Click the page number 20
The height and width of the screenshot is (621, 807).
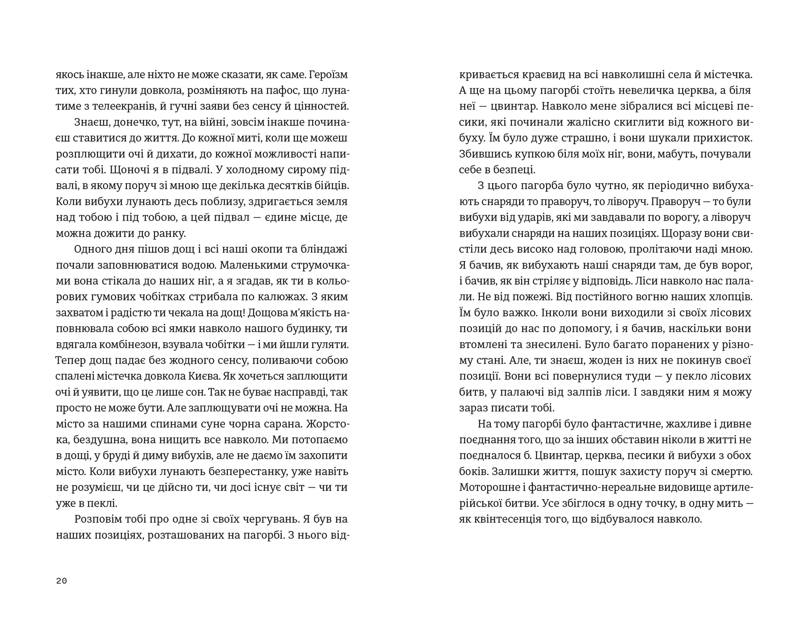click(61, 581)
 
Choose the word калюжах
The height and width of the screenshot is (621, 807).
click(279, 297)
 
